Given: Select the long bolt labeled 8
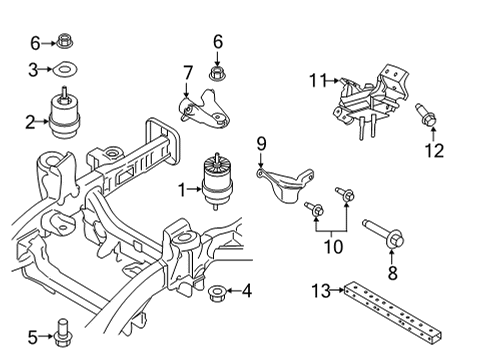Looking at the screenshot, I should click(385, 235).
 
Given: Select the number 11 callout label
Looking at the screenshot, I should click(317, 79).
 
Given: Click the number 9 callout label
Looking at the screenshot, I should click(262, 143).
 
